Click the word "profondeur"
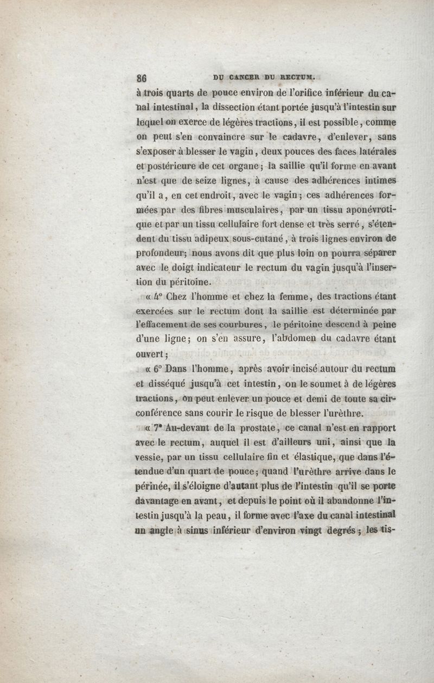pos(161,254)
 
